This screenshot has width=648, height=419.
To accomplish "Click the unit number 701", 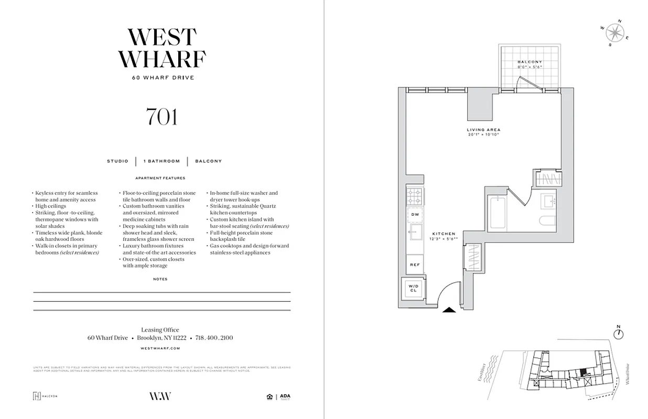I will (x=162, y=117).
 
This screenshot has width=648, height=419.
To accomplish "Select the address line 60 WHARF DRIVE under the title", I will (x=162, y=78).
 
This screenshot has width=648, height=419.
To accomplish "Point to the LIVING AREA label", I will (x=483, y=130).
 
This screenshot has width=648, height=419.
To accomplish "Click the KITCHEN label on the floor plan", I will (x=444, y=234).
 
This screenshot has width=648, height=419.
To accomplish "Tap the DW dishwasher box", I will (x=414, y=214).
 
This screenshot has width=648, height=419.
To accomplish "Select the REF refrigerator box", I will (x=414, y=265).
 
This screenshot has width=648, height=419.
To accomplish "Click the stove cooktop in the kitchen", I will (x=414, y=196).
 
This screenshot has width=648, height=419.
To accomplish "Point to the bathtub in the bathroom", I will (x=496, y=213).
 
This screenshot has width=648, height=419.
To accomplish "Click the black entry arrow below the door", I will (x=449, y=310).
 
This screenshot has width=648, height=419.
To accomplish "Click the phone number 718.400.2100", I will (x=214, y=338).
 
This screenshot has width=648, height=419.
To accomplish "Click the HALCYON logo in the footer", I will (x=45, y=396).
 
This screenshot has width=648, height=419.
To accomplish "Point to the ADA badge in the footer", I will (x=285, y=396).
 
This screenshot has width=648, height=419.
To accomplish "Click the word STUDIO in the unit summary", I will (x=117, y=161).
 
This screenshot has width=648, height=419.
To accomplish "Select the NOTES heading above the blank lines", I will (x=160, y=279).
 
